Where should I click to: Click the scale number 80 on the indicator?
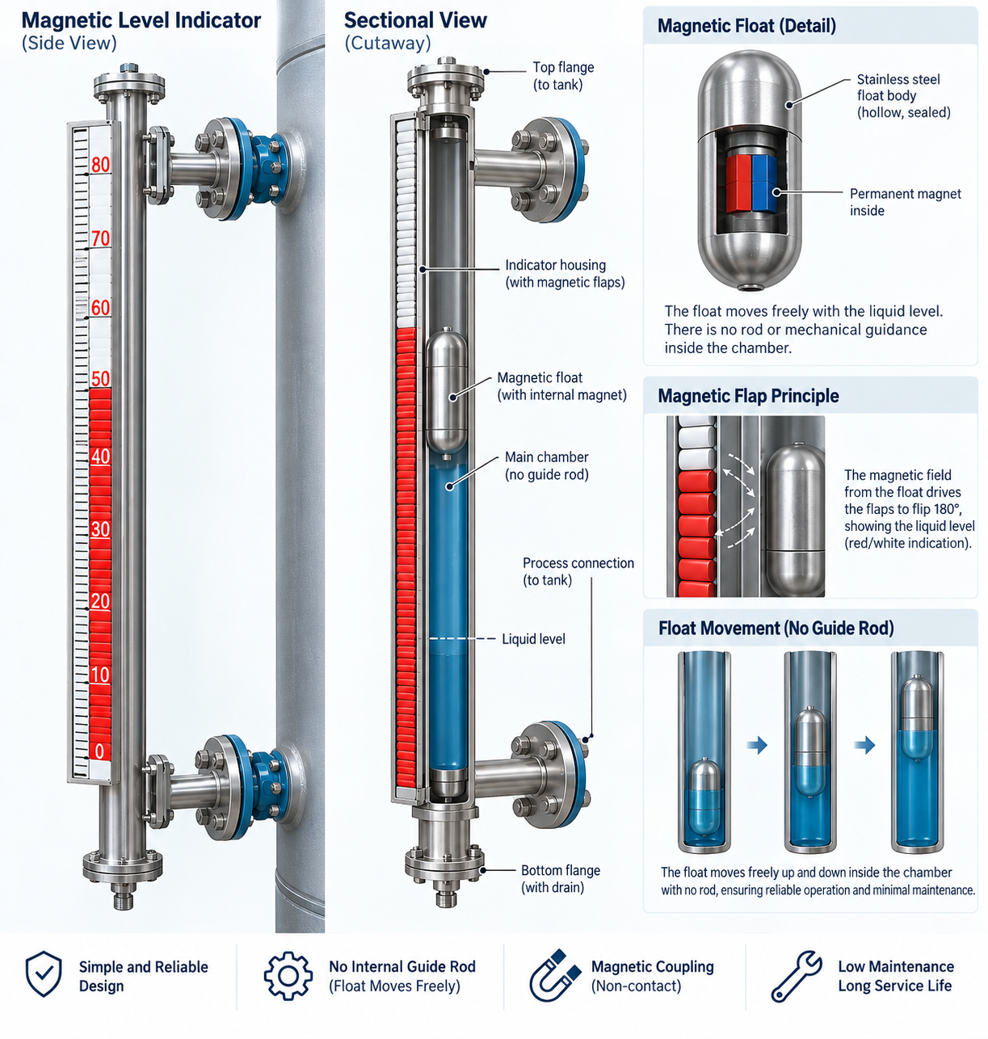click(100, 165)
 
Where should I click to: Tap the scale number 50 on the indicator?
click(100, 379)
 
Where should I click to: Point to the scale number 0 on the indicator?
click(99, 751)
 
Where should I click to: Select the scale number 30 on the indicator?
click(100, 529)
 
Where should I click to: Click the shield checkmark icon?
click(44, 974)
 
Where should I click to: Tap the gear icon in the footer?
click(288, 976)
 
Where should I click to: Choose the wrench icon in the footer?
click(796, 976)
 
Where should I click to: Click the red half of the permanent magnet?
click(738, 183)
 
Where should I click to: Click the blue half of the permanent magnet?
click(764, 183)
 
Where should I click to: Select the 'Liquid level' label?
click(533, 639)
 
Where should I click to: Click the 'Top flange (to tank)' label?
click(563, 76)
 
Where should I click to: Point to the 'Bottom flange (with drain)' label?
click(561, 878)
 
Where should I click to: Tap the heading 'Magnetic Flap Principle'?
click(748, 395)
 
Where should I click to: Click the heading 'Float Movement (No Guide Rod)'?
click(776, 628)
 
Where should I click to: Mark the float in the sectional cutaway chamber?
click(447, 392)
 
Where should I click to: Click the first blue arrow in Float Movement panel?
click(757, 745)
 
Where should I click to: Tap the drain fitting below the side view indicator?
click(124, 897)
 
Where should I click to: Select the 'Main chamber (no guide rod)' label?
click(547, 465)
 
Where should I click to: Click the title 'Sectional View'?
click(415, 20)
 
